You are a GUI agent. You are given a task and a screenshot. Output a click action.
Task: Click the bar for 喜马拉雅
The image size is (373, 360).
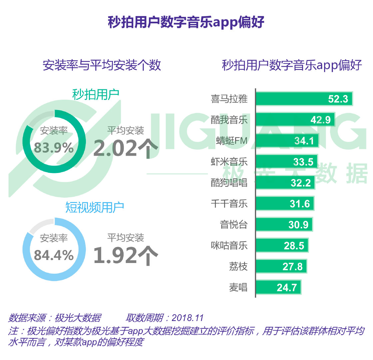point(304,99)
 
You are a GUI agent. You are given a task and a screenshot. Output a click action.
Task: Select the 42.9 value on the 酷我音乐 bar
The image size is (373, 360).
point(320,120)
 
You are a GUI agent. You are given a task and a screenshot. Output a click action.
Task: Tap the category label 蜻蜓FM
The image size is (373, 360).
point(231,141)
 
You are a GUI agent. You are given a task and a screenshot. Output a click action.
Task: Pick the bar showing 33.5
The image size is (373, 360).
point(287,162)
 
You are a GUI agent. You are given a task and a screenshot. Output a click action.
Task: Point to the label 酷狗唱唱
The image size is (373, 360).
point(229,183)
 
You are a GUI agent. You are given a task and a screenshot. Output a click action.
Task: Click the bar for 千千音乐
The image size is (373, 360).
point(285,203)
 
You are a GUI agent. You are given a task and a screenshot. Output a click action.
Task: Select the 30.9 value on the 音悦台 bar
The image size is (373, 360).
point(298,225)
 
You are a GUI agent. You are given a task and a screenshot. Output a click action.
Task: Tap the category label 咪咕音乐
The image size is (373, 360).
point(229,246)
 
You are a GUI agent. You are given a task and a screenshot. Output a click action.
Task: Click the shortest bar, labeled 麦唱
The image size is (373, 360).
point(278,287)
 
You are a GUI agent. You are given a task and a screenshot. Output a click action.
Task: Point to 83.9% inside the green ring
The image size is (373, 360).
point(54,148)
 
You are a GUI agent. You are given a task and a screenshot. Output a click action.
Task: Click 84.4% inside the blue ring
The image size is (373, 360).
point(54,255)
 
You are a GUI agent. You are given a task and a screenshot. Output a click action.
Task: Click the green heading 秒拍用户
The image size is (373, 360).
point(96,95)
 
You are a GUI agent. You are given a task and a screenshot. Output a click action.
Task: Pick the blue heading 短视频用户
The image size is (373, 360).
point(95,207)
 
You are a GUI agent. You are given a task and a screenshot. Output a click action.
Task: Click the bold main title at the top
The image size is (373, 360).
point(186,22)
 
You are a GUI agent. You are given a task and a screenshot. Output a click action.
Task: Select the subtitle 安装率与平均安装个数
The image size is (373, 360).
point(102,65)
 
